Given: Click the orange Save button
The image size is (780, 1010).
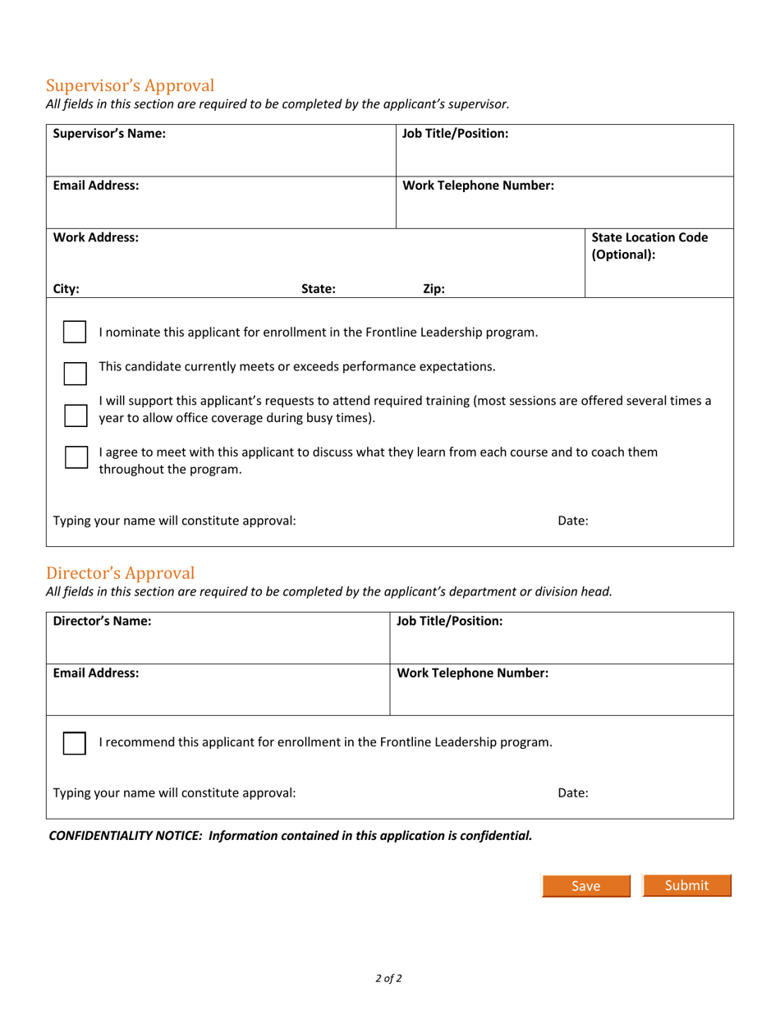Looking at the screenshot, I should pyautogui.click(x=585, y=886).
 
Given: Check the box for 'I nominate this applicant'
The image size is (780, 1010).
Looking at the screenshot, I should pyautogui.click(x=75, y=333).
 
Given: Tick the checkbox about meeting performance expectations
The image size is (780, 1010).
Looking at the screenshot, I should pyautogui.click(x=75, y=372).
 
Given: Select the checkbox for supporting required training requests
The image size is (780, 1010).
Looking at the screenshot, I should pyautogui.click(x=75, y=415).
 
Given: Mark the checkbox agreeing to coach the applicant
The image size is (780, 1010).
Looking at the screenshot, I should pyautogui.click(x=75, y=457).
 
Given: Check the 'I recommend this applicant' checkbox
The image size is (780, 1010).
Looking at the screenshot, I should pyautogui.click(x=75, y=743).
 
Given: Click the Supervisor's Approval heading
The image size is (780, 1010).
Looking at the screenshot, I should pyautogui.click(x=130, y=85).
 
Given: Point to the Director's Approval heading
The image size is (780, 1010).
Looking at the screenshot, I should pyautogui.click(x=120, y=572).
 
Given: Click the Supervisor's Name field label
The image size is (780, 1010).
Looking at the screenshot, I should pyautogui.click(x=109, y=133).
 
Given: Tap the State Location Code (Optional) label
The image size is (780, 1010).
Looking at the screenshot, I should pyautogui.click(x=649, y=246).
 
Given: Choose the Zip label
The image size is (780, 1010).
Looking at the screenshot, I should pyautogui.click(x=434, y=288).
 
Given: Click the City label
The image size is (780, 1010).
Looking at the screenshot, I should pyautogui.click(x=67, y=288).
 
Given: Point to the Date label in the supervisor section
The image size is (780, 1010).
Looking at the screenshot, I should pyautogui.click(x=572, y=520).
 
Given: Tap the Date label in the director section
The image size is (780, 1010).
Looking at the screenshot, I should pyautogui.click(x=572, y=793).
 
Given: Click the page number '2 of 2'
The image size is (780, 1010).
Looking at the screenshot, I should pyautogui.click(x=389, y=978).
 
